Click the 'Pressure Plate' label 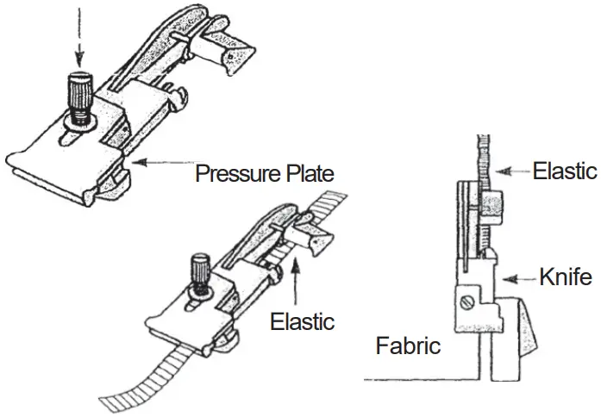tap(264, 172)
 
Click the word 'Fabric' tap(409, 346)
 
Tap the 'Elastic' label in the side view tap(565, 170)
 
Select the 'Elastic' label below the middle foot tap(302, 322)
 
